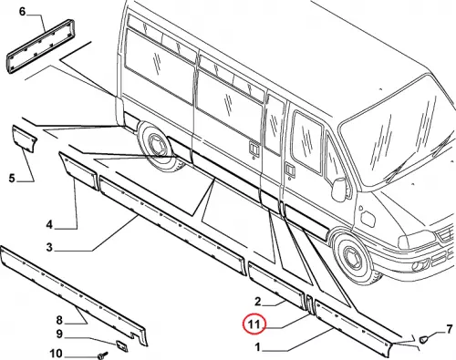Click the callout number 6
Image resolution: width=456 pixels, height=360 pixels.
(x=22, y=12)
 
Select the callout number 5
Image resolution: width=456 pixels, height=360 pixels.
(x=12, y=178)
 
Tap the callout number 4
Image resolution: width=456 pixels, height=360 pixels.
(x=49, y=225)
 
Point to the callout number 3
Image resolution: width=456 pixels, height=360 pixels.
(x=49, y=247)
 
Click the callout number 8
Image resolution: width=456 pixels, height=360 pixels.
(x=59, y=320)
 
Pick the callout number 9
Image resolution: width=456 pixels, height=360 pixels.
(x=59, y=334)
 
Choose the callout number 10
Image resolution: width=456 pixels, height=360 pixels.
(x=56, y=354)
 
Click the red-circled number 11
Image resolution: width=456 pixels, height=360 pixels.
(x=254, y=324)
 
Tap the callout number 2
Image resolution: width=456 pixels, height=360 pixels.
(x=258, y=302)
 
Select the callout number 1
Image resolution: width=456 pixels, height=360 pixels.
(x=258, y=347)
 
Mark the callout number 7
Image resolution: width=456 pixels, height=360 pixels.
(x=450, y=329)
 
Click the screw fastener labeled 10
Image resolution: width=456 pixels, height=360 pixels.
(x=102, y=355)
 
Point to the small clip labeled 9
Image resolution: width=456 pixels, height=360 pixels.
(x=122, y=345)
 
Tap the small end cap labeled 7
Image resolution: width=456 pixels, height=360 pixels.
(x=423, y=339)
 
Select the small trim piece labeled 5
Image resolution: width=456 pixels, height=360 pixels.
(x=25, y=139)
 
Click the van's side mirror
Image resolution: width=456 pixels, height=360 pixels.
(x=339, y=190)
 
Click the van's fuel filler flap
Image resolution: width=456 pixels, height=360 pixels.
(x=367, y=217)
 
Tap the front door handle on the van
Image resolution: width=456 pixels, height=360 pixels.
(x=290, y=170)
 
